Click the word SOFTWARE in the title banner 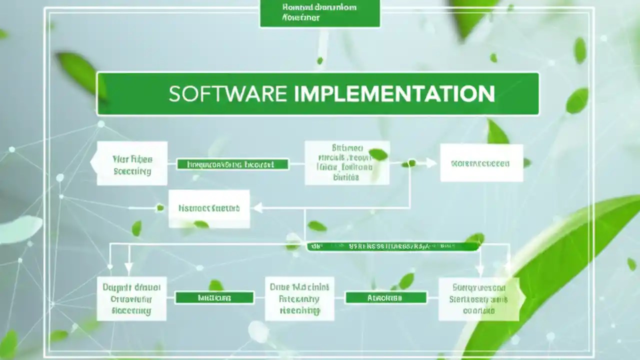click(x=227, y=94)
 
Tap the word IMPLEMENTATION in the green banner click(x=394, y=94)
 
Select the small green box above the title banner click(x=319, y=13)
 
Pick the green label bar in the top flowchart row click(x=232, y=164)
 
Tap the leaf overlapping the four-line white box click(x=378, y=154)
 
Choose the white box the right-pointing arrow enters click(x=481, y=163)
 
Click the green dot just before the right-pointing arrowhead click(x=411, y=163)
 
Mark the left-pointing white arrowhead click(x=258, y=208)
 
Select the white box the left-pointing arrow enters click(x=209, y=208)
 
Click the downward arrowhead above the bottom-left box click(x=128, y=268)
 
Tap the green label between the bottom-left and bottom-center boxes click(x=214, y=298)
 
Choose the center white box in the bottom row click(x=299, y=298)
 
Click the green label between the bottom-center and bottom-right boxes click(x=386, y=298)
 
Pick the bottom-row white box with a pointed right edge click(x=479, y=299)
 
